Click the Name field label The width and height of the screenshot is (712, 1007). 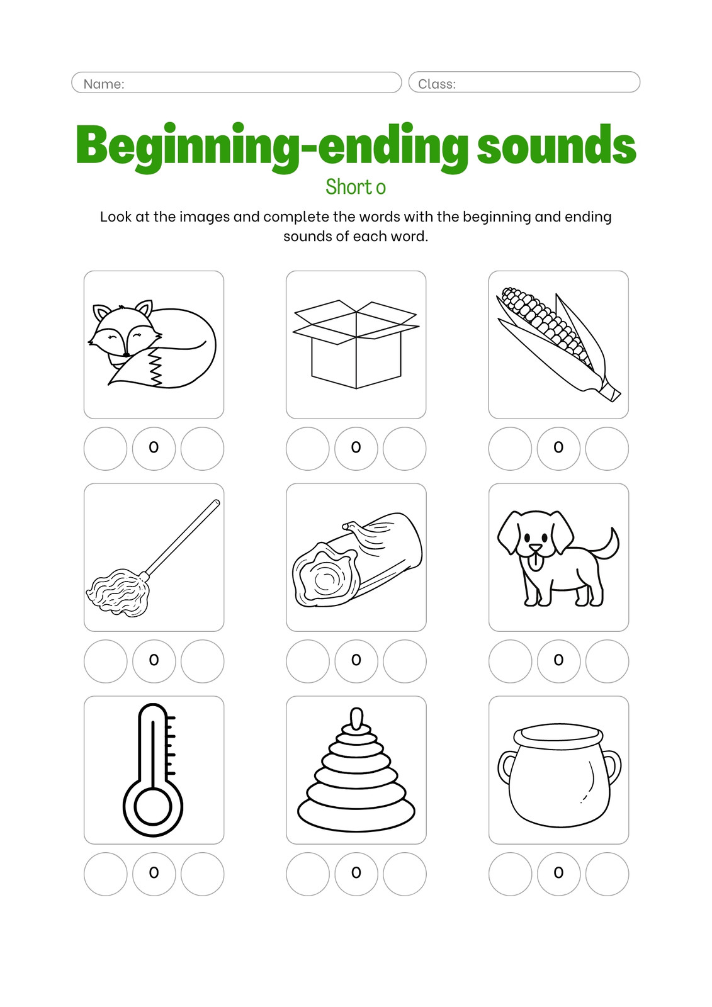[104, 84]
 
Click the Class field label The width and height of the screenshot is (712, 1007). [437, 84]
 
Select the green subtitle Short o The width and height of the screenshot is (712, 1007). [356, 186]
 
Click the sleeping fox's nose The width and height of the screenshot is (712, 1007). [127, 355]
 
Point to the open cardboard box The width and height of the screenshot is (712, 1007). [356, 344]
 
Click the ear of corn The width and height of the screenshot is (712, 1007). [558, 344]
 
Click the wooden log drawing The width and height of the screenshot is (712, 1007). [357, 560]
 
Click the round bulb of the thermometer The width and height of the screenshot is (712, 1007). [153, 806]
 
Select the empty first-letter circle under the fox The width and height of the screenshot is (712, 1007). [106, 449]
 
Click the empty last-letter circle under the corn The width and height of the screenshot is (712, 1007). [607, 449]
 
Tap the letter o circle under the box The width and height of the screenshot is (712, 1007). [356, 449]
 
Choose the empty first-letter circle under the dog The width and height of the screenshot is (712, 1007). [510, 661]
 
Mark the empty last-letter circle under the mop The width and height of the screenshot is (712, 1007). [203, 661]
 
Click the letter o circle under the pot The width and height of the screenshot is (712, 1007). [558, 874]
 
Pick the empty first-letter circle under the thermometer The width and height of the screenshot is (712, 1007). [106, 874]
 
